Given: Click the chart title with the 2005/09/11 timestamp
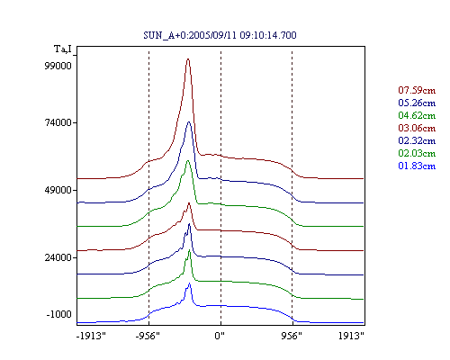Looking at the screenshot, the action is pos(220,35).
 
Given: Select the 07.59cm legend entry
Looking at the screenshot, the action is pos(417,90).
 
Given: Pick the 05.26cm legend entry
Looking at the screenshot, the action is pos(417,103).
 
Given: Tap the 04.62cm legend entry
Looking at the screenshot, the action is pos(417,115).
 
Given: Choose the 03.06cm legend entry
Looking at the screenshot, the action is pos(417,128).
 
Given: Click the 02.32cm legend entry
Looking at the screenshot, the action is pos(417,140).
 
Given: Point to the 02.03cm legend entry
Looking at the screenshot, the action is pos(417,153).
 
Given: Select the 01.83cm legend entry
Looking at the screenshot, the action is pos(417,166).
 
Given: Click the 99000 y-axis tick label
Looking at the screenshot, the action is pos(58,66).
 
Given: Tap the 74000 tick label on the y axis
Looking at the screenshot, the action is pos(58,122).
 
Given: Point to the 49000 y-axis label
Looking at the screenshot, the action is pos(58,190).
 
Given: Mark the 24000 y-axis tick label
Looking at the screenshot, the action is pos(58,257).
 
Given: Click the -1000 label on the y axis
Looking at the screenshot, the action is pos(58,314).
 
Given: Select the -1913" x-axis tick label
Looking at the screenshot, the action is pos(91,336).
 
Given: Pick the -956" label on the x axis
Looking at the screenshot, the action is pos(148,336).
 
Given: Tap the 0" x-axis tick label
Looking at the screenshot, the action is pos(220,336).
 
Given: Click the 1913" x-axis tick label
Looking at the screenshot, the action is pos(351,336).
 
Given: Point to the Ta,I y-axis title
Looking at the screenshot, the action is pos(63,49).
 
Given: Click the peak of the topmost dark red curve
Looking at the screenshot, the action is pos(188,59).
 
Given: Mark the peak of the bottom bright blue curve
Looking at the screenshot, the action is pos(189,283).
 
